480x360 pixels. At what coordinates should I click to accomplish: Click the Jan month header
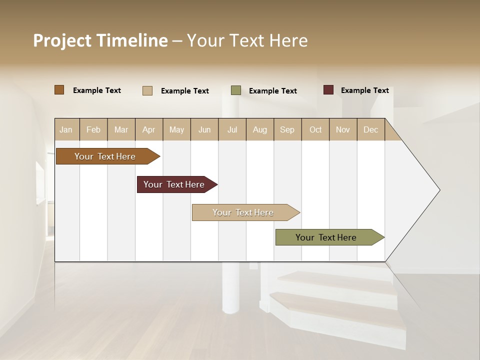pos(66,130)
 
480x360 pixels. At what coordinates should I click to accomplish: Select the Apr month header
pos(149,130)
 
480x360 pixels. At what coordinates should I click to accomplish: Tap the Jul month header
pos(232,130)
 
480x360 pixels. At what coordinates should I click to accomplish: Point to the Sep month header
pos(287,130)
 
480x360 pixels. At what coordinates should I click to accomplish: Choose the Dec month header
pos(370,130)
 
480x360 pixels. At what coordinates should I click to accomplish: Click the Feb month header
pos(93,130)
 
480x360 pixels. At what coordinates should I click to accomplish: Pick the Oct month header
pos(315,130)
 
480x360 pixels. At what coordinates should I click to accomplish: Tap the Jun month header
pos(204,130)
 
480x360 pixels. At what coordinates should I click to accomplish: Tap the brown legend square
pos(59,90)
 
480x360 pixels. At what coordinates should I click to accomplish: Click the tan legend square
pos(147,90)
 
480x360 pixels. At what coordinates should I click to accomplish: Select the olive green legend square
pos(236,90)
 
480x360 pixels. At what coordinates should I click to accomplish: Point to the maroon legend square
pos(328,90)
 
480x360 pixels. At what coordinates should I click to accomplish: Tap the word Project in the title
pos(62,41)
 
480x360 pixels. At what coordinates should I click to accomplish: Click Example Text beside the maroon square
pos(364,90)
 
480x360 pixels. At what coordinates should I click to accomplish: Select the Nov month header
pos(343,130)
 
